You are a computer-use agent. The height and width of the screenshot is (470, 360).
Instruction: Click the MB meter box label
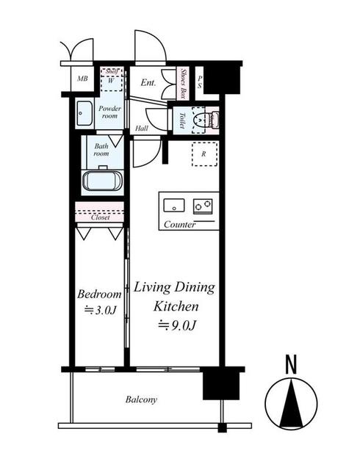[x=82, y=79]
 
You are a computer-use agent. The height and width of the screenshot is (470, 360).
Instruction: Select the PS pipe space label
[x=200, y=82]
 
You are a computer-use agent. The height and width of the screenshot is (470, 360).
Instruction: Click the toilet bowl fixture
[x=198, y=120]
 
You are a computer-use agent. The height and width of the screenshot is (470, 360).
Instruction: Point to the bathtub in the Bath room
[x=102, y=181]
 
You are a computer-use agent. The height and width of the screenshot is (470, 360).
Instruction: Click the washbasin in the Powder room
[x=84, y=114]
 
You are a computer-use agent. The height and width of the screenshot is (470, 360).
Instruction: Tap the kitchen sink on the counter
[x=174, y=206]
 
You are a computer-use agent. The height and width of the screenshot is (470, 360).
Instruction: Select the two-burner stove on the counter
[x=203, y=206]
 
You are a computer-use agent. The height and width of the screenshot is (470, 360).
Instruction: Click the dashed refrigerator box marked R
[x=204, y=154]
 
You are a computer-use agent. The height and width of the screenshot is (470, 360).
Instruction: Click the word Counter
[x=180, y=224]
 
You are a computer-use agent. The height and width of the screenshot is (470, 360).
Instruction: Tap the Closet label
[x=100, y=217]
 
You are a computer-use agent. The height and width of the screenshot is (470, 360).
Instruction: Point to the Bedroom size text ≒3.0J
[x=100, y=310]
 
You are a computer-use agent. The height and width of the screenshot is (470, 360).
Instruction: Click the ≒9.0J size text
[x=177, y=325]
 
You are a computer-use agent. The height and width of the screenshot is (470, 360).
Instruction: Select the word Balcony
[x=141, y=399]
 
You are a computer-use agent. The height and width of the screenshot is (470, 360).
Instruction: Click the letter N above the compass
[x=291, y=364]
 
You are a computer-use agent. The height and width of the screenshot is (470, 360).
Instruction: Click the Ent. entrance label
[x=148, y=82]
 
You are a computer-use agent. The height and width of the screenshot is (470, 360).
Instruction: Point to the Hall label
[x=142, y=129]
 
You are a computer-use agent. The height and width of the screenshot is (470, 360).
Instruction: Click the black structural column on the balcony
[x=221, y=386]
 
